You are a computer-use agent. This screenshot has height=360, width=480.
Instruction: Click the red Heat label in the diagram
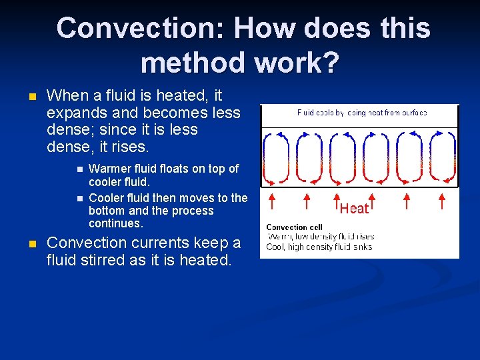354,209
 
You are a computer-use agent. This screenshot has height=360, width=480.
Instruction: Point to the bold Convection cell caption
294,227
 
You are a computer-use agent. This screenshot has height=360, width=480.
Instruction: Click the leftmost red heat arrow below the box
271,202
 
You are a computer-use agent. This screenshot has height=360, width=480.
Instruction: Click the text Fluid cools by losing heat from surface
361,113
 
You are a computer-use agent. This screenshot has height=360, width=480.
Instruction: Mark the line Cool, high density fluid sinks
319,247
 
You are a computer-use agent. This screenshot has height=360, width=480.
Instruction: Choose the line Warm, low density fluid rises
321,237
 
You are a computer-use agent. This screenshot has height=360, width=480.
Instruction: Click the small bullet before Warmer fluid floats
78,169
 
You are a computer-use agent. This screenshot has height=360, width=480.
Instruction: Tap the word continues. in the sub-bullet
116,223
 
